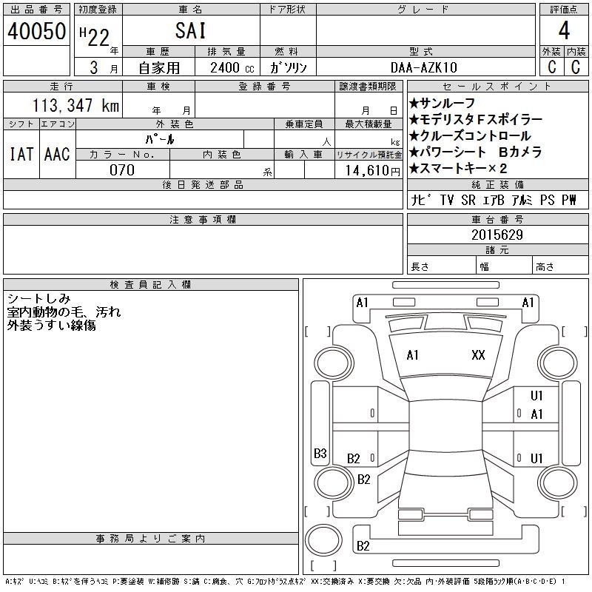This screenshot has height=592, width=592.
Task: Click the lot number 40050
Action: coord(36,31)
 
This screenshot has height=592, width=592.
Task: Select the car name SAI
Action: coord(191,30)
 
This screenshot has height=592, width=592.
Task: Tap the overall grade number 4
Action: coord(564,30)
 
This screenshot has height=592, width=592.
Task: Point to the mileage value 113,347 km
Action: coord(76,105)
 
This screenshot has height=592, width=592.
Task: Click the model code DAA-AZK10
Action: coord(424,67)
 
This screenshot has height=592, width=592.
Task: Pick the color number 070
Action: coord(122,170)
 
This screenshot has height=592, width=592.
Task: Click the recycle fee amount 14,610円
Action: coord(373,171)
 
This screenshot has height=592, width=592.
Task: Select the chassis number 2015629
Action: coord(497,235)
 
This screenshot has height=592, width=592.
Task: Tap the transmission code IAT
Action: coord(21,154)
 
